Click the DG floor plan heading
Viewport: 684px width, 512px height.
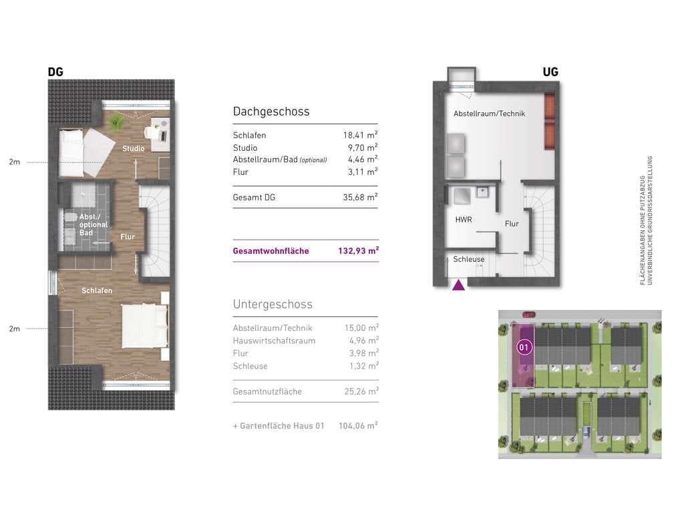click(x=55, y=72)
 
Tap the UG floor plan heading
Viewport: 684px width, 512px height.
click(x=550, y=72)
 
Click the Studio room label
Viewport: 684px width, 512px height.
click(x=133, y=148)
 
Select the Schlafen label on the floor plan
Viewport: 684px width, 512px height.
click(x=97, y=290)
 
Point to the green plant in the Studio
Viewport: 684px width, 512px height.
click(x=116, y=120)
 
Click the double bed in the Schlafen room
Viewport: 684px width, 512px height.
click(x=145, y=326)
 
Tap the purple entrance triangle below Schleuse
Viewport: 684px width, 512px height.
click(x=458, y=285)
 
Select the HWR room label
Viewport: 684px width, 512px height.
click(x=464, y=220)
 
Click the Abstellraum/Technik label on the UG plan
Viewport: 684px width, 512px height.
click(x=489, y=114)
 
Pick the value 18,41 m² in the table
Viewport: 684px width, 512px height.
click(x=360, y=136)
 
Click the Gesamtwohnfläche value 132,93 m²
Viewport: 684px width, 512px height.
click(x=358, y=251)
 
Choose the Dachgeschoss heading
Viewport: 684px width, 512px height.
click(x=271, y=111)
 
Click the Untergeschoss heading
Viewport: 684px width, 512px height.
click(x=273, y=304)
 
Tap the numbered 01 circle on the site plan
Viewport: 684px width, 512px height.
click(x=524, y=347)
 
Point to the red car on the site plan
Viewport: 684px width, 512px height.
click(x=528, y=314)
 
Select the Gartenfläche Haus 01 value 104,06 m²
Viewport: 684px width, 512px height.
click(x=358, y=426)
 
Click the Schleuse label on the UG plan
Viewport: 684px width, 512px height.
click(x=468, y=259)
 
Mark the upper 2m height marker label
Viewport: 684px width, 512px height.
click(x=15, y=162)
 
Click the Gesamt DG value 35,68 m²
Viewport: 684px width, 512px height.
click(x=360, y=197)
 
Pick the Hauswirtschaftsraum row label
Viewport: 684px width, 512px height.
click(x=274, y=340)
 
